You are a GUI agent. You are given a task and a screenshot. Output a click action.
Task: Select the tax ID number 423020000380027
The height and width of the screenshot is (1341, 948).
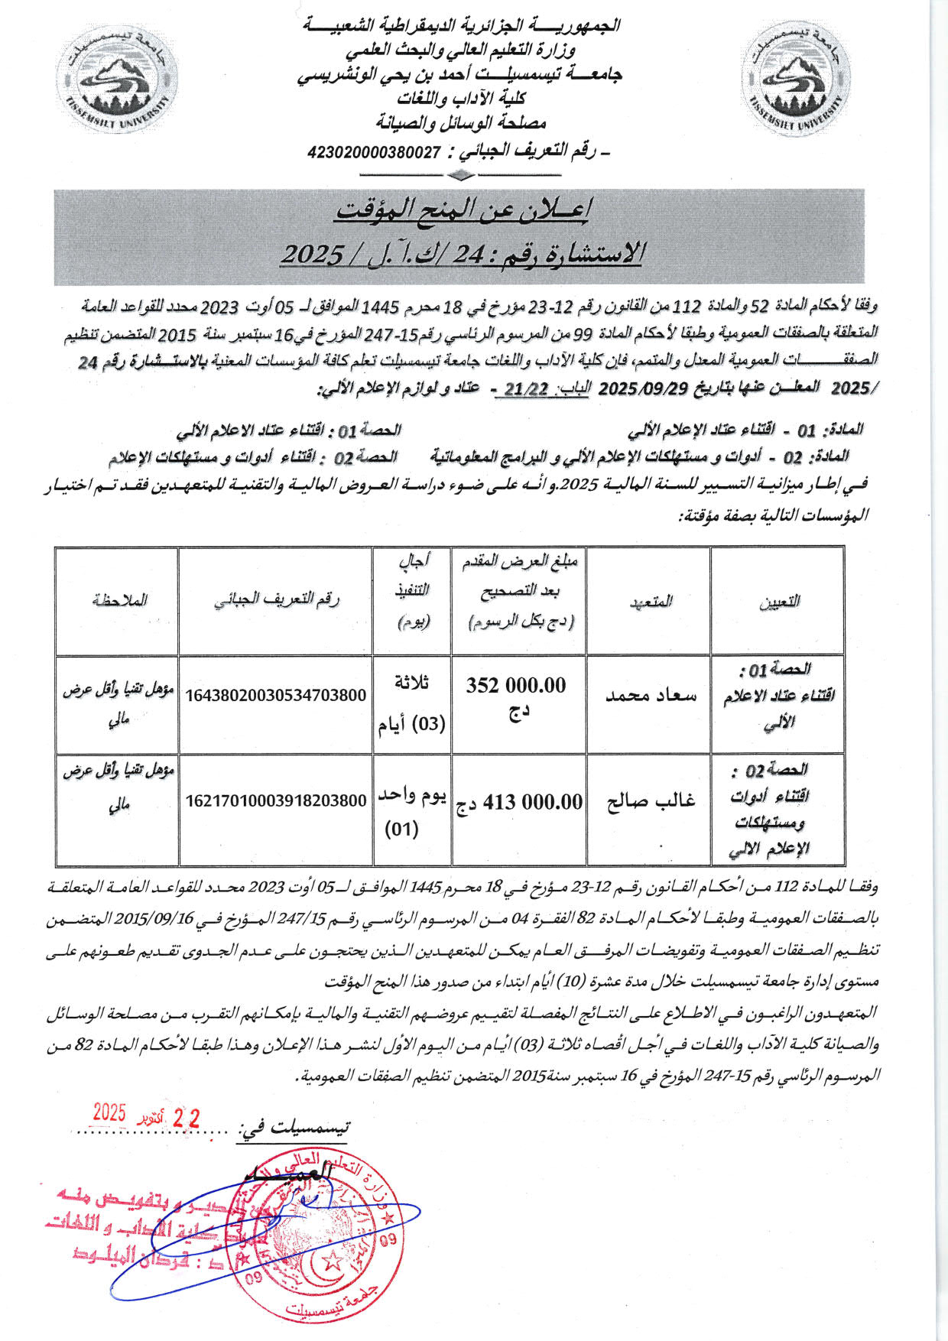coord(375,151)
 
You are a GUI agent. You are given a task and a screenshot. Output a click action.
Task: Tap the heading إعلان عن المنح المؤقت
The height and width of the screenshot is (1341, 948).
coord(462,211)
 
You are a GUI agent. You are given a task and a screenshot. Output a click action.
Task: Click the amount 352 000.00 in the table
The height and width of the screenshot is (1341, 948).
coord(517,686)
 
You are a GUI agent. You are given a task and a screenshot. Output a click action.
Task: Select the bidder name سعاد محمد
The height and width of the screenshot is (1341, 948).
coord(651,695)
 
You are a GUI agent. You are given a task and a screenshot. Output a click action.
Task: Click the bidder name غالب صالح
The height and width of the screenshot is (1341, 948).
coord(651,801)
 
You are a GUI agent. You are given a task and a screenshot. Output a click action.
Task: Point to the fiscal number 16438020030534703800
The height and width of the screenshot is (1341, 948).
coord(276,695)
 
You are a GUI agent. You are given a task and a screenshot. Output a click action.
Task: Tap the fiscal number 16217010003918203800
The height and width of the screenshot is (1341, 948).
coord(276,801)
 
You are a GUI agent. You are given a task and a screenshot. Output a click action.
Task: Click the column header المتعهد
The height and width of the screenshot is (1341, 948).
coord(651,601)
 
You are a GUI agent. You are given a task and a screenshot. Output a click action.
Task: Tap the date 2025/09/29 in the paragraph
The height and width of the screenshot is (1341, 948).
coord(644,388)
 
